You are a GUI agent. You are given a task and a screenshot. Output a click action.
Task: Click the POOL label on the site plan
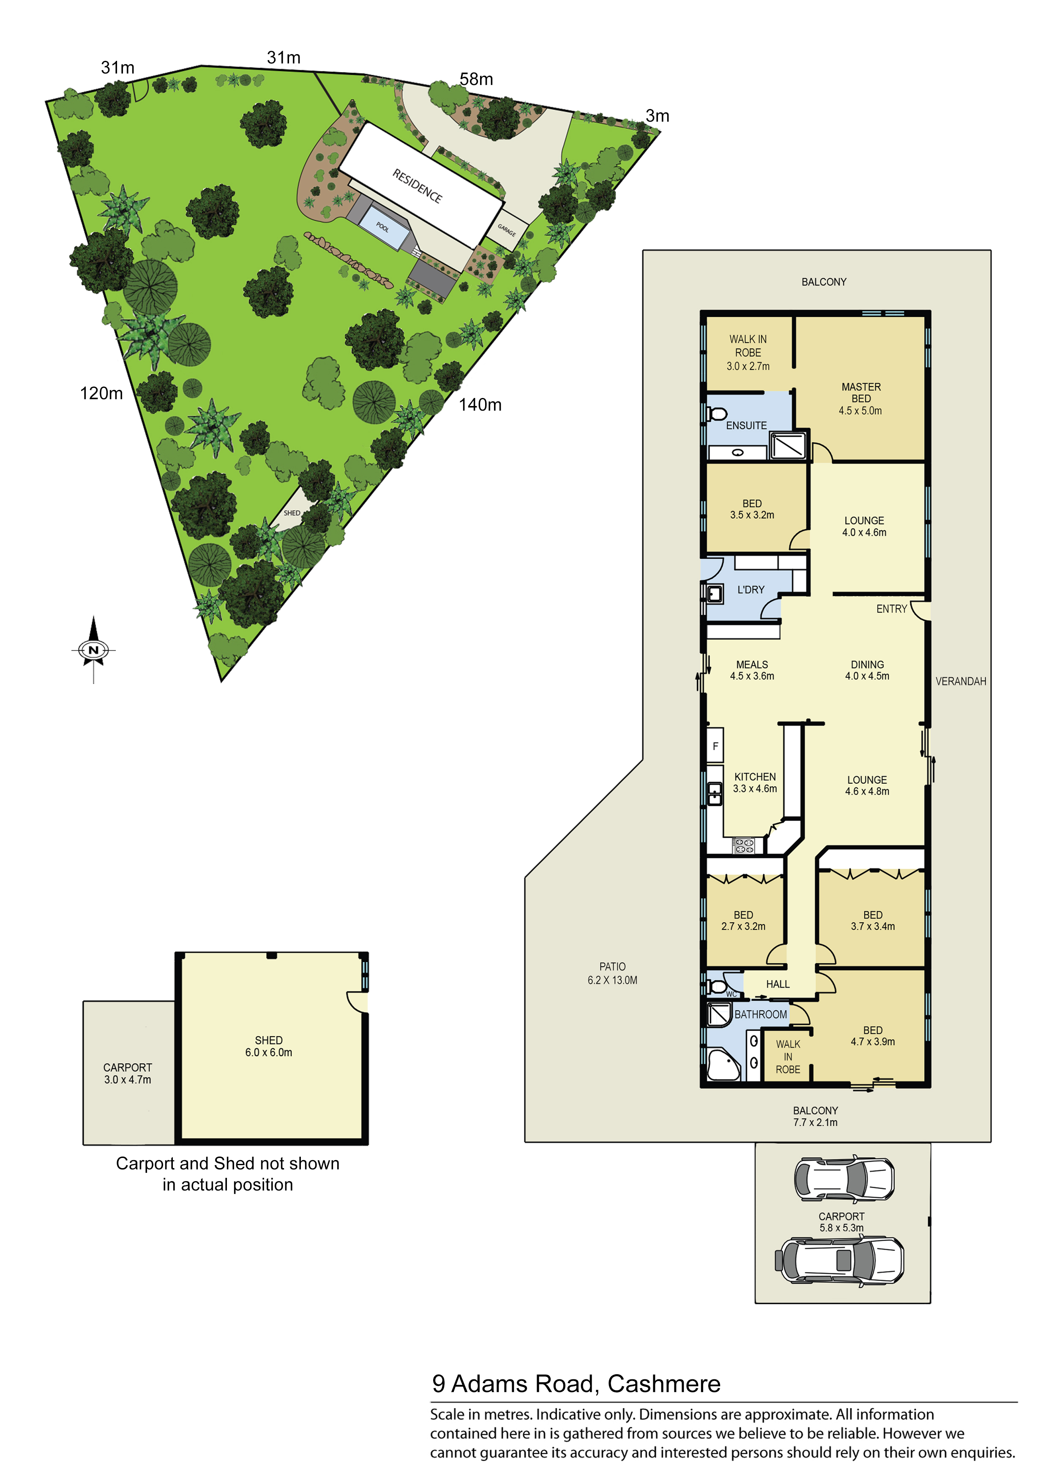coord(382,227)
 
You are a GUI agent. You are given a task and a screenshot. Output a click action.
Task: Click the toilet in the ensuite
coord(718,414)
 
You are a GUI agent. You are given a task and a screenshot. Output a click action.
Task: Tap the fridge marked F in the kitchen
coord(715,746)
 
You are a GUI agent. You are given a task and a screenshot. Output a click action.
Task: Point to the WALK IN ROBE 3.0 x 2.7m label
coord(748,352)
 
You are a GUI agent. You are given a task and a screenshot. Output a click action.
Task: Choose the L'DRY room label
coord(751,589)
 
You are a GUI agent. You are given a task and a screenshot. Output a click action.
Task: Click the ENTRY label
coord(891,609)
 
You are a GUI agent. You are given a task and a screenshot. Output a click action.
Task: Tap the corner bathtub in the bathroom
coord(722,1064)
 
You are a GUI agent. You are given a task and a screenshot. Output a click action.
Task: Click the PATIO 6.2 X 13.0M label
coord(612,973)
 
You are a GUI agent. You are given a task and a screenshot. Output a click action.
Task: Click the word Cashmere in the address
coord(664,1384)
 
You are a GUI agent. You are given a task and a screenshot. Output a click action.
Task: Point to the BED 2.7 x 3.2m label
coord(743,921)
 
